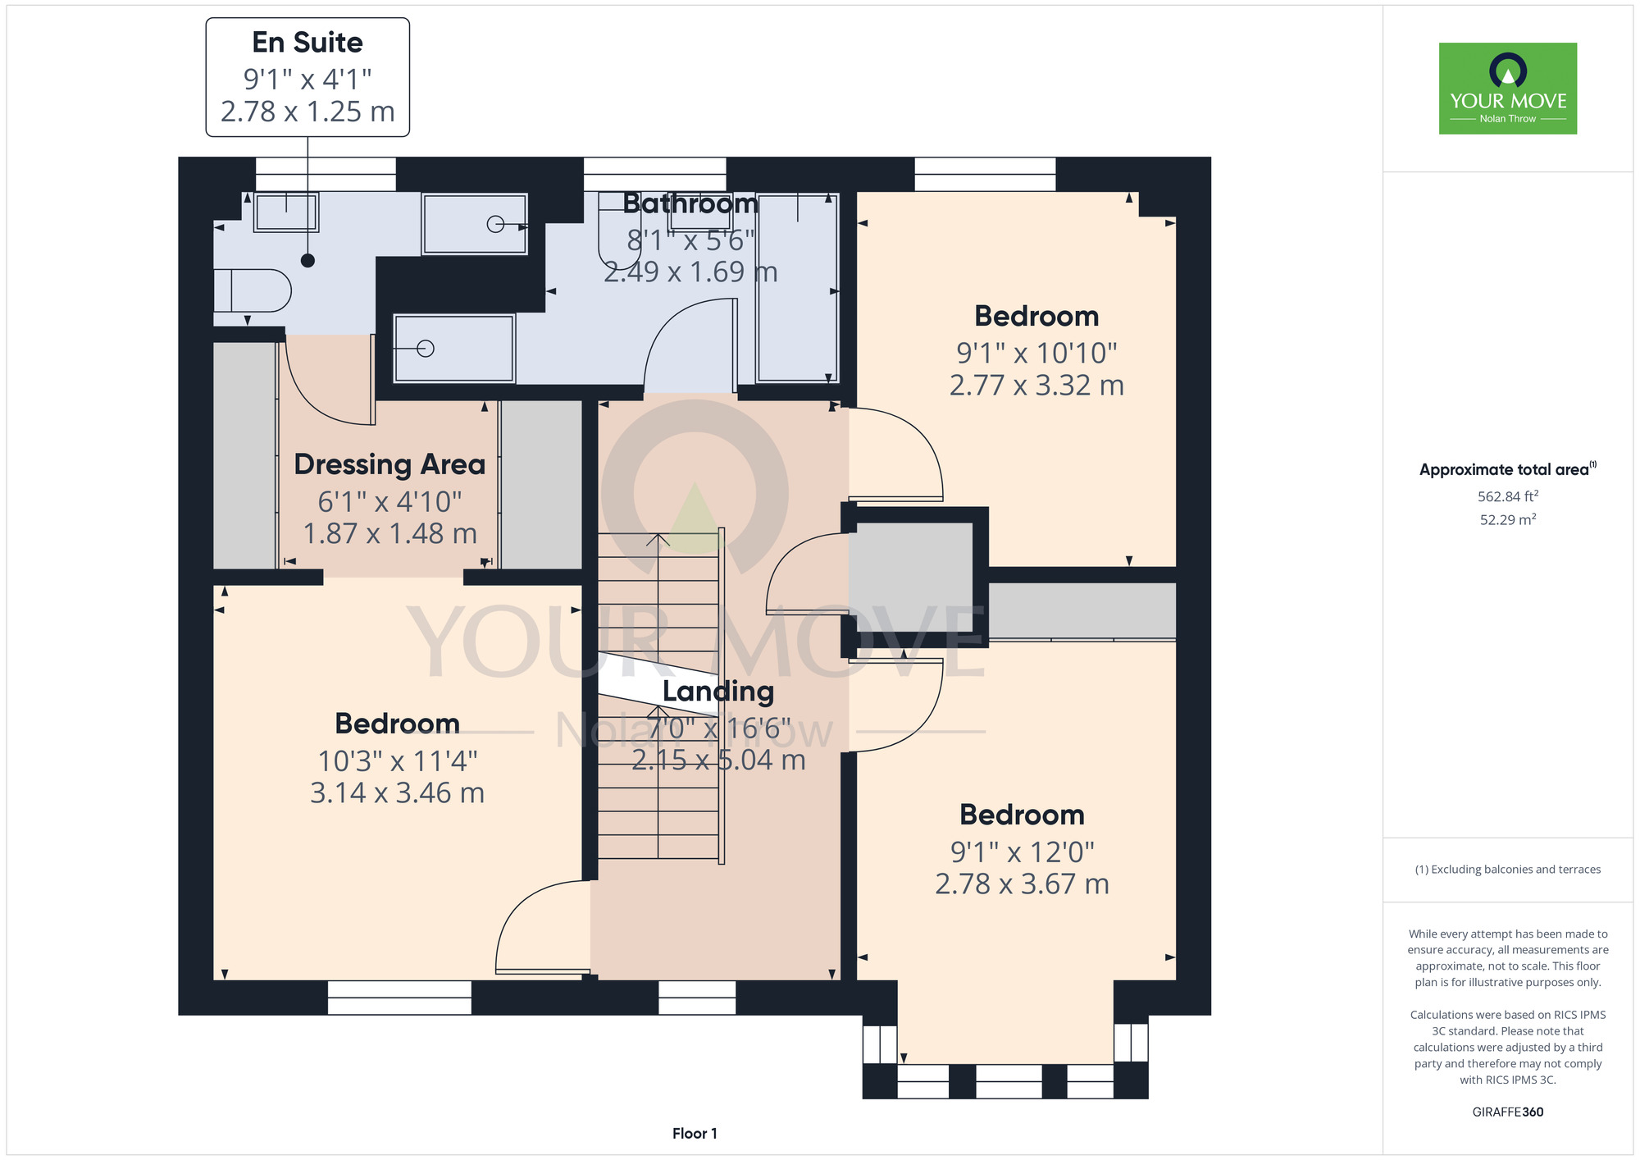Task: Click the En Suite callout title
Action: click(307, 42)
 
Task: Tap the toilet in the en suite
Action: click(253, 290)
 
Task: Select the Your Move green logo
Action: click(1508, 89)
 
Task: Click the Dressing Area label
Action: click(389, 464)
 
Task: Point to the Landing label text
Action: click(718, 692)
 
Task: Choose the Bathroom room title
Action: click(690, 203)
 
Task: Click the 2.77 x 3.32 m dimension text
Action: click(1036, 385)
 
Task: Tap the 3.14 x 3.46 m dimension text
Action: click(397, 792)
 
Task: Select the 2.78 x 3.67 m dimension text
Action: click(1022, 884)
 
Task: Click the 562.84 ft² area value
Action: click(1508, 496)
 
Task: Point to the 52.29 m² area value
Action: click(1508, 519)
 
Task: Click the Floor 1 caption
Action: click(695, 1133)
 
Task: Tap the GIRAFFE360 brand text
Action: click(1508, 1112)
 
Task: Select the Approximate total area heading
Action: click(1508, 469)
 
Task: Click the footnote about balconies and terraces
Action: click(1508, 870)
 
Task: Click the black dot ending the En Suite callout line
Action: click(307, 261)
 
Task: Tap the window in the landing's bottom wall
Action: click(697, 998)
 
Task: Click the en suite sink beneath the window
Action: click(285, 212)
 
